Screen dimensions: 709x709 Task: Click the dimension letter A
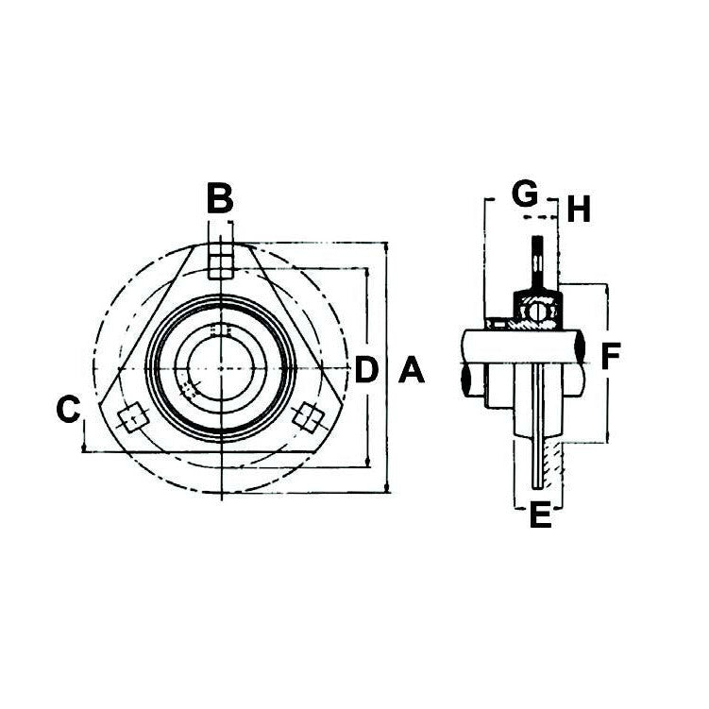click(412, 369)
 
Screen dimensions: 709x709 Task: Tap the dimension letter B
click(220, 197)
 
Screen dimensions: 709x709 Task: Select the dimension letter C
click(68, 409)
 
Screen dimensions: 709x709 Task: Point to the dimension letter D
click(365, 369)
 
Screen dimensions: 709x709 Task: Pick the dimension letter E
click(540, 515)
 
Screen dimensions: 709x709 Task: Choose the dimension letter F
click(611, 355)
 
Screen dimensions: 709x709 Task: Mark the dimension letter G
click(525, 193)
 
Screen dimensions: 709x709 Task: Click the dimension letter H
click(579, 209)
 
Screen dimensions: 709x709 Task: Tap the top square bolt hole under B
click(221, 262)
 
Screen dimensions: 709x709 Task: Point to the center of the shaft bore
click(221, 369)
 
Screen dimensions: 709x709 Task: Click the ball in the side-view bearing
click(537, 311)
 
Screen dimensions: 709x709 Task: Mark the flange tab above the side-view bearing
click(537, 263)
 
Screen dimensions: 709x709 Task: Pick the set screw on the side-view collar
click(498, 324)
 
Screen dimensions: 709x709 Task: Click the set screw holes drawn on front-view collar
click(190, 388)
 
